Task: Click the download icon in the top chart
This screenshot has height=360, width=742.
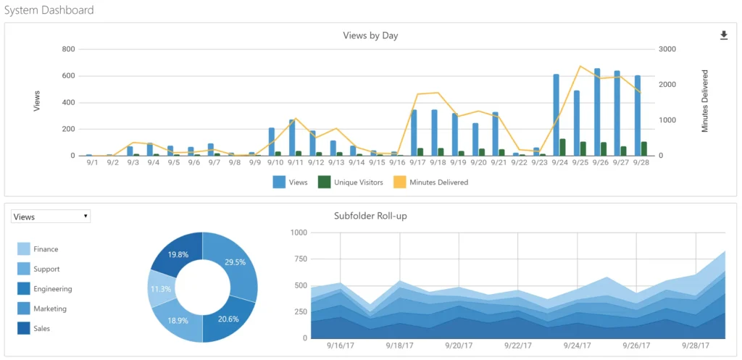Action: pos(723,35)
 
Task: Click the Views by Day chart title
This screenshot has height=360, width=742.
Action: pos(370,35)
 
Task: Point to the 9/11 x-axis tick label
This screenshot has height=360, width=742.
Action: pos(296,163)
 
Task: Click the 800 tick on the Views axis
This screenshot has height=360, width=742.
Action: pos(68,49)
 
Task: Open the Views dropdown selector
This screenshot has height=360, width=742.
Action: pos(51,217)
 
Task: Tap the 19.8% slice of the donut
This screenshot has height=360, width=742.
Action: pos(177,254)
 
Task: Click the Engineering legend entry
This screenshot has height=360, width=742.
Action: pos(52,289)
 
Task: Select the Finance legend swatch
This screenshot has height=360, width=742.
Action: pos(23,249)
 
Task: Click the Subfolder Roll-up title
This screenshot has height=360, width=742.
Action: pos(370,216)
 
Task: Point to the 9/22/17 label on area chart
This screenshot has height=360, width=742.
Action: pos(517,347)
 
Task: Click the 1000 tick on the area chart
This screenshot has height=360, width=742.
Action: pos(299,233)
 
